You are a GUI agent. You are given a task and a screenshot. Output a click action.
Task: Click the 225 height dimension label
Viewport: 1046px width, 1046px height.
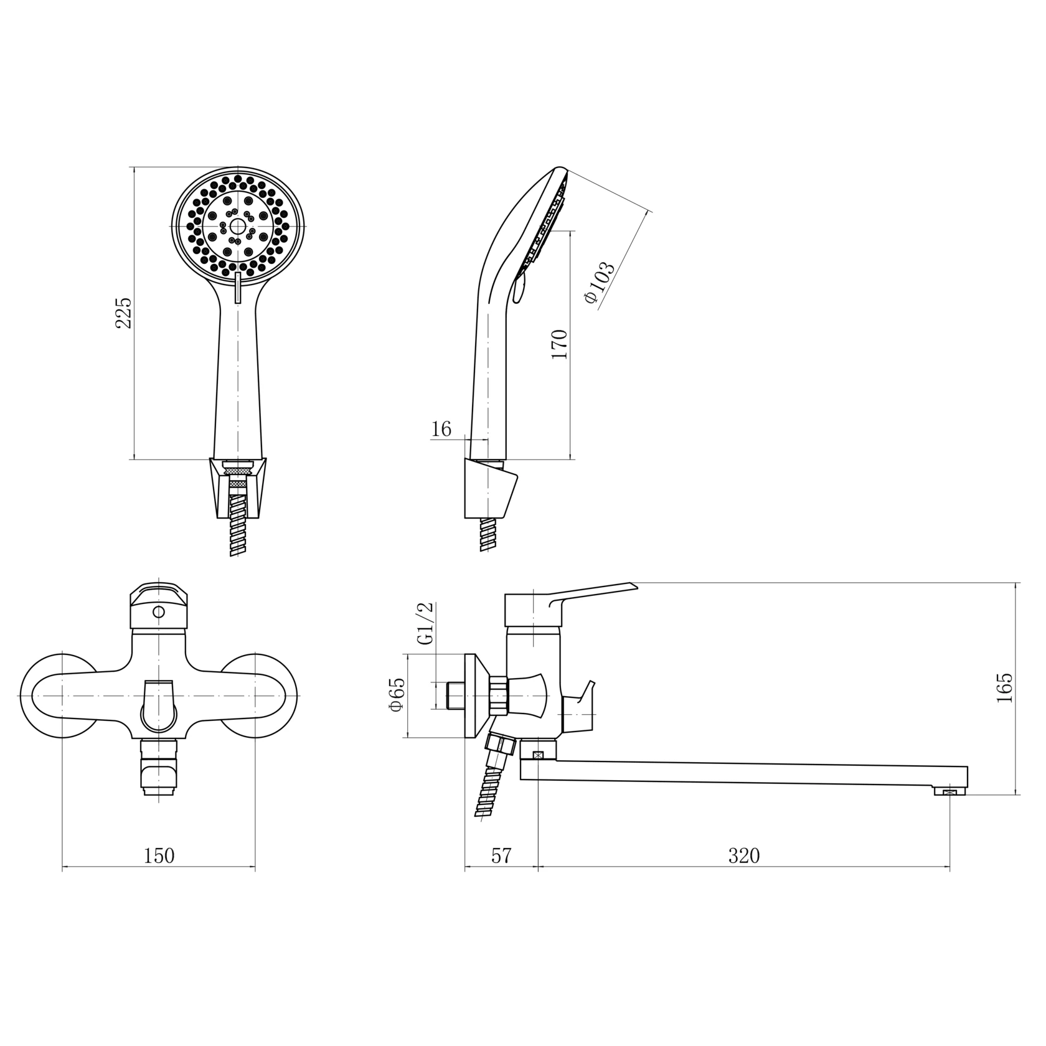[125, 313]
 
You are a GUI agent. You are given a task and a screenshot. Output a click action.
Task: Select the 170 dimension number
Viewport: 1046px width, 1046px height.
[559, 344]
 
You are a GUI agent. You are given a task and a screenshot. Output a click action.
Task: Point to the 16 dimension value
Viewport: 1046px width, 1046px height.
[441, 429]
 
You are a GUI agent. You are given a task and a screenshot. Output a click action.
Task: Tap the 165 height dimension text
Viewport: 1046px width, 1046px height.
[1004, 687]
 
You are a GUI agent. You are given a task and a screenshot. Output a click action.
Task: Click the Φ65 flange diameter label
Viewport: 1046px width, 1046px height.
[397, 695]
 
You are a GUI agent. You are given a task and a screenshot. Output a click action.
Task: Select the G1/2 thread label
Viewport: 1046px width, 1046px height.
[426, 624]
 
